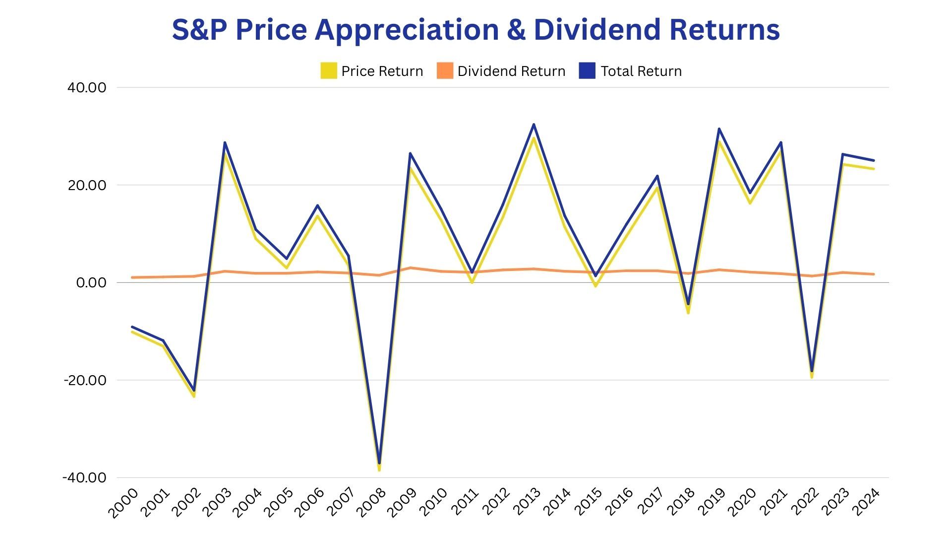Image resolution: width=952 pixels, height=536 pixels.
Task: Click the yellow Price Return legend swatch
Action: (x=329, y=71)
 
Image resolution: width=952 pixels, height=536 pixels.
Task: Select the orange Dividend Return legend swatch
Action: (x=445, y=71)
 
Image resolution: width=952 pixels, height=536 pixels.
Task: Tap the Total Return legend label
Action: (x=641, y=71)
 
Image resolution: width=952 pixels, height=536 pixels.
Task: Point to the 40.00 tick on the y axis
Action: (x=87, y=88)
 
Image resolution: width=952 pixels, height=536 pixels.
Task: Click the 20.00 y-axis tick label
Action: (x=87, y=185)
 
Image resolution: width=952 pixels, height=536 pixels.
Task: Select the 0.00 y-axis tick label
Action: (x=91, y=283)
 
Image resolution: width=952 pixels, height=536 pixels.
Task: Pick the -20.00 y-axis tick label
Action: (x=85, y=380)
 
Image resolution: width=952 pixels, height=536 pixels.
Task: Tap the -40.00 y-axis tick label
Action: (x=85, y=477)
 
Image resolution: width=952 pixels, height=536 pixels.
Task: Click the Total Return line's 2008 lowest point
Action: (x=379, y=463)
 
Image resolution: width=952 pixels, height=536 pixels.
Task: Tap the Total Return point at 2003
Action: (x=225, y=143)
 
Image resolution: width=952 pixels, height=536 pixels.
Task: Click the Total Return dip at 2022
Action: (x=812, y=371)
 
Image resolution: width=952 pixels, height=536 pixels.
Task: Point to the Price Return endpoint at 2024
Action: (x=874, y=169)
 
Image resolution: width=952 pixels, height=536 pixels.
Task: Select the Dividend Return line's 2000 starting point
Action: (x=132, y=277)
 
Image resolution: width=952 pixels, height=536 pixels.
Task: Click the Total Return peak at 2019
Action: (x=719, y=129)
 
